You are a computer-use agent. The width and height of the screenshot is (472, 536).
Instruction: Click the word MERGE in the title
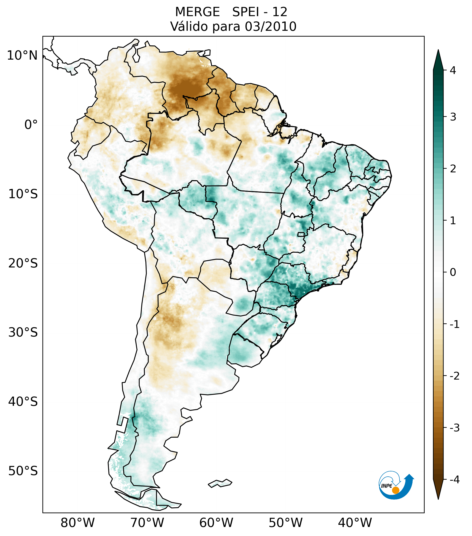coord(197,12)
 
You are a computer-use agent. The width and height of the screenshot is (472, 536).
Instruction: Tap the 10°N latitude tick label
coord(22,56)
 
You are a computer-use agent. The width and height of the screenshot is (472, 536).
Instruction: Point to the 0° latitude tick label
coord(31,125)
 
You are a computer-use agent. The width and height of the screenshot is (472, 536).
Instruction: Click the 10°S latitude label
coord(23,194)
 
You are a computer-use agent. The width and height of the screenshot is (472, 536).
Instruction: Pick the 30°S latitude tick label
coord(23,332)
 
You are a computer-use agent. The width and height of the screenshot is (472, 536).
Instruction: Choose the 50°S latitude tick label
coord(23,471)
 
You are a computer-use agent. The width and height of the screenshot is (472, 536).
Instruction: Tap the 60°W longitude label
coord(216,523)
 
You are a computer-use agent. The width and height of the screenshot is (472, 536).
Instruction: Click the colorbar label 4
coord(453,70)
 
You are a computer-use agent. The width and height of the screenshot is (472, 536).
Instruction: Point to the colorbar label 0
coord(453,272)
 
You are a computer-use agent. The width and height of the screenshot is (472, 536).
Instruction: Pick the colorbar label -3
coord(454,428)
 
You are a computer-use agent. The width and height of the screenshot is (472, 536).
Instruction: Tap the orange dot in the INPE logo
coord(395,490)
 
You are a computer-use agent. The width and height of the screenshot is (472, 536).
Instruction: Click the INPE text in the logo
coord(386,486)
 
